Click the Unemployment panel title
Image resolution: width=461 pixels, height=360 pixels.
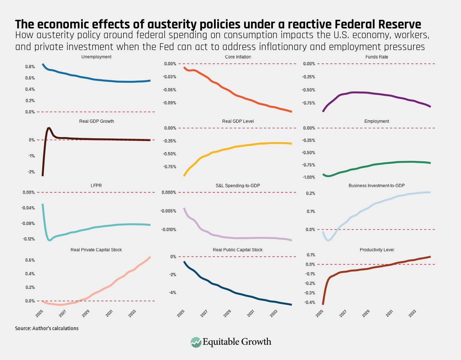96,57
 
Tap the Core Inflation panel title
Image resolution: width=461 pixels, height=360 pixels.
238,57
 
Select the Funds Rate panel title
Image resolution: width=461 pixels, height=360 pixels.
377,57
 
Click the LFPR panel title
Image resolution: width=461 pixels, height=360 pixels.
96,185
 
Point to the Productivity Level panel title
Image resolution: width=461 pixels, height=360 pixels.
377,250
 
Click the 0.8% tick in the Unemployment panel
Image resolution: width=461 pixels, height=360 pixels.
30,67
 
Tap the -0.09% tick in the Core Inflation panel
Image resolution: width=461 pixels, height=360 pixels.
170,103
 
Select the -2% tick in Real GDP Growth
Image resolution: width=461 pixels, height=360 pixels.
32,172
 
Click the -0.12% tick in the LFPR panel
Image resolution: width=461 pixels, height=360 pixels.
28,239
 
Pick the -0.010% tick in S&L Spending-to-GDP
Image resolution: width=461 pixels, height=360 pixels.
169,230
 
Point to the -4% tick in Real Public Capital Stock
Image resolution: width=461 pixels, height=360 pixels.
173,293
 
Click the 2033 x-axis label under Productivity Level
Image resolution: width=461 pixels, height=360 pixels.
412,313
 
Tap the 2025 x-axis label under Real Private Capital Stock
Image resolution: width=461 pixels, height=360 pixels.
40,313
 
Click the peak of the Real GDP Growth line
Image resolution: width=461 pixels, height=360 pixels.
49,128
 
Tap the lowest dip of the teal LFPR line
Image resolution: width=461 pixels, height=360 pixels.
50,240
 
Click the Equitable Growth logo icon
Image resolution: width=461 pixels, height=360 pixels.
196,342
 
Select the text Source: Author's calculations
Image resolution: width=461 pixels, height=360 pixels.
47,328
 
